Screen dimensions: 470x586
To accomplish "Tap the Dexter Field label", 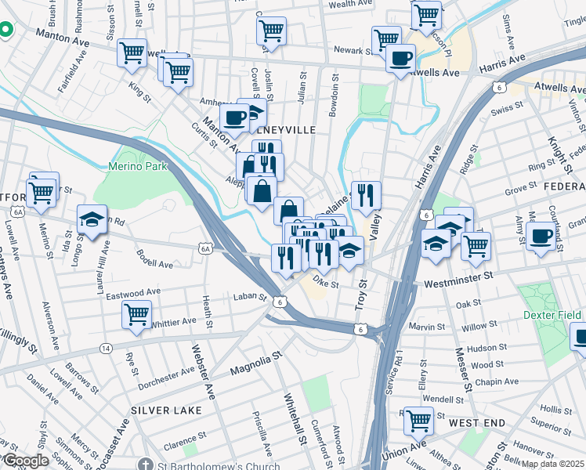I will [x=552, y=315].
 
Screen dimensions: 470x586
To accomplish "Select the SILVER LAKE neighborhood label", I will [x=166, y=410].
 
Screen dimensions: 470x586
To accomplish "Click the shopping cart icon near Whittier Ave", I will [x=137, y=315].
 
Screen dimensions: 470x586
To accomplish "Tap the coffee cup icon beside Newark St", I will [x=400, y=57].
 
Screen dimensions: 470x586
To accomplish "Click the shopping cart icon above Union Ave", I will [x=418, y=420].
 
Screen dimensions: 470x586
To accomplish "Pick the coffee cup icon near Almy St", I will [x=541, y=235].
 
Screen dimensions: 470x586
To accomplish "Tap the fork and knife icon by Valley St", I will [x=366, y=196].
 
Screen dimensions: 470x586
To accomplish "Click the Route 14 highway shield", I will [x=105, y=347].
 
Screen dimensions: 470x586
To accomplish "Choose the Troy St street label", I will [x=361, y=294].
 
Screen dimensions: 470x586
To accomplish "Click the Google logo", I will [x=25, y=461].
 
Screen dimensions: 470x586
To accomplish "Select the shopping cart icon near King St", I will [x=132, y=53].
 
